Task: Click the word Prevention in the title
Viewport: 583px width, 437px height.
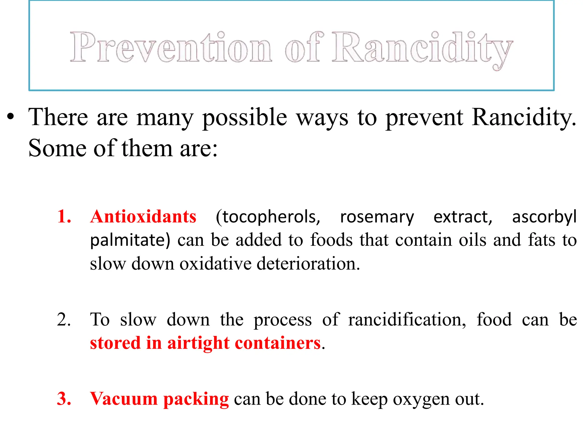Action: [x=171, y=47]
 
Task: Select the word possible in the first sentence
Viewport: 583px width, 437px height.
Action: [x=245, y=117]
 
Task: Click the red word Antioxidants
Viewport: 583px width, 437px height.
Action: [x=143, y=217]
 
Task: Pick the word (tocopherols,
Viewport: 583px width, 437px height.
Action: [x=268, y=217]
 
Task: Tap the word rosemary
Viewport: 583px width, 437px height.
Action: [x=377, y=217]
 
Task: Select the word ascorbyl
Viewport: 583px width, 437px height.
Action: [x=544, y=217]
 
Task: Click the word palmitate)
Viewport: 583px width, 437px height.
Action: [x=130, y=240]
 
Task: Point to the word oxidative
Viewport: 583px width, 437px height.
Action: [x=215, y=263]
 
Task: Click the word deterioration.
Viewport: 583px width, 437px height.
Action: [x=308, y=263]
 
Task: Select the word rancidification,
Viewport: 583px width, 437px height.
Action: [x=407, y=319]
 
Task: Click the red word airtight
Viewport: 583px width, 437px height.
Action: [x=198, y=343]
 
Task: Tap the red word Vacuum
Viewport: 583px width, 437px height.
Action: [x=124, y=399]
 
